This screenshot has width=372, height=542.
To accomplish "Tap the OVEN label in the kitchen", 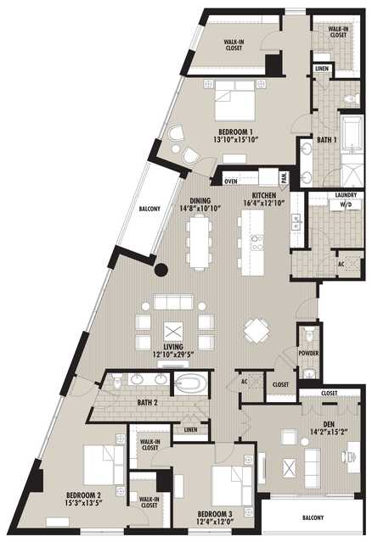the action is [231, 181].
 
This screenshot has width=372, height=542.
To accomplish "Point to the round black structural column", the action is [161, 270].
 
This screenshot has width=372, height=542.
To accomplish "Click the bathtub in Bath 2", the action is [191, 383].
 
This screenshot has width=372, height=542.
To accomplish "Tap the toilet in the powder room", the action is [309, 333].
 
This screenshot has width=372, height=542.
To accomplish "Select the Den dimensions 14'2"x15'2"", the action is [329, 431].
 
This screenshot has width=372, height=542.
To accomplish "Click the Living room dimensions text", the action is [173, 354].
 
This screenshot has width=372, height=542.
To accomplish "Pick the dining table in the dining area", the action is [199, 241].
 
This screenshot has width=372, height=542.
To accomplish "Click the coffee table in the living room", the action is [173, 332].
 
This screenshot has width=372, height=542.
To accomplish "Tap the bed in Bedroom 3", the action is [232, 485].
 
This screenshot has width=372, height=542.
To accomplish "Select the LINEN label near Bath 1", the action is [322, 69].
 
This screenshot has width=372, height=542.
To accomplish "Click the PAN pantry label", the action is [285, 177].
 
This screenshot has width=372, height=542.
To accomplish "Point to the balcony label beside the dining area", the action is [149, 209].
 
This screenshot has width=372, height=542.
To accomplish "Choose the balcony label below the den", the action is [313, 517].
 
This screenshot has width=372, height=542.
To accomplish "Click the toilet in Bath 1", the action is [352, 99].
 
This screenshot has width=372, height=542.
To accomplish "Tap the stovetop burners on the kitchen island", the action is [257, 243].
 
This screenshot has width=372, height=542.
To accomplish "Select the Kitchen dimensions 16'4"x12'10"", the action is [263, 203].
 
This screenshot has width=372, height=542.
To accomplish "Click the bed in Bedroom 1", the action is [235, 100].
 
